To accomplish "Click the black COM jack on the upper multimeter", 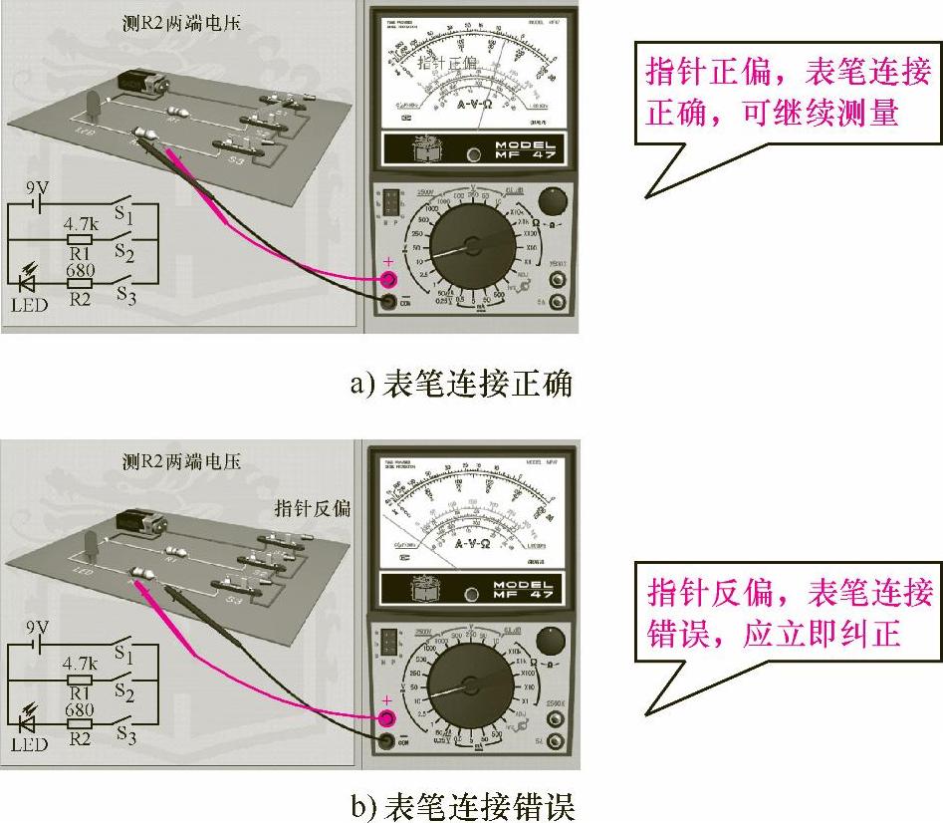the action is pyautogui.click(x=389, y=300).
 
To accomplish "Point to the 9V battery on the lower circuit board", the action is pyautogui.click(x=140, y=521).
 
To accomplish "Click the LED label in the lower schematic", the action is pyautogui.click(x=29, y=745).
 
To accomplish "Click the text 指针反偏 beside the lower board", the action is pyautogui.click(x=313, y=507).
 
